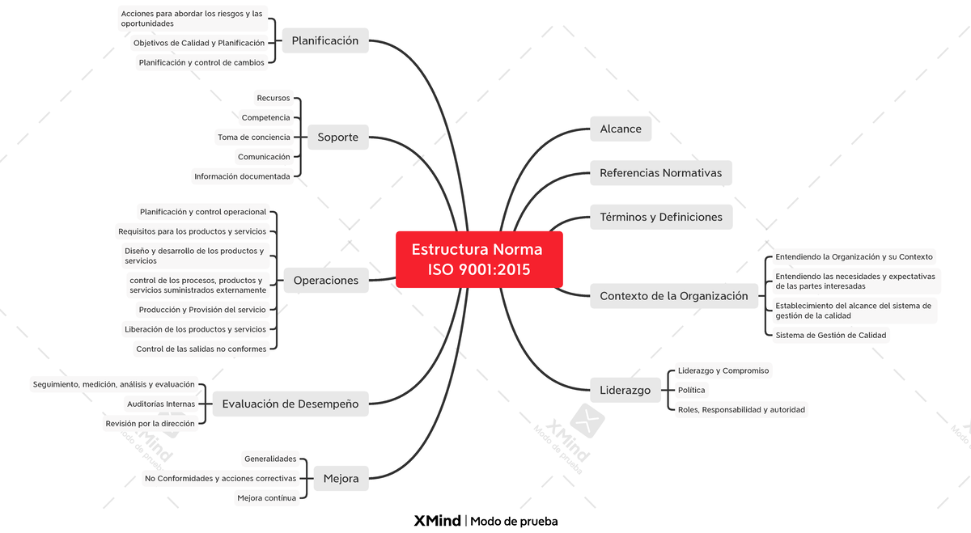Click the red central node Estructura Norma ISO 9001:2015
479,259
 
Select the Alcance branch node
621,129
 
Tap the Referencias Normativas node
660,173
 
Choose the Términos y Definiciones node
661,217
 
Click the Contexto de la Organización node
673,296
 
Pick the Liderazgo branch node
625,390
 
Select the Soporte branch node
337,137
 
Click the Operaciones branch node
326,281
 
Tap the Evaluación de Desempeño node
290,404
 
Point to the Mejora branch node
341,478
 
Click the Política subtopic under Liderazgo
691,390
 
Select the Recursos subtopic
273,98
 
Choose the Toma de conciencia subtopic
254,137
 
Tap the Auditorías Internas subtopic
161,404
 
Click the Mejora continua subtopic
266,498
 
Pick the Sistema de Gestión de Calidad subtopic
831,335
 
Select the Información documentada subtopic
242,176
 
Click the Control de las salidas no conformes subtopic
201,349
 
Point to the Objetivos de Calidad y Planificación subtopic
199,43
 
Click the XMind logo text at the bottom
438,521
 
